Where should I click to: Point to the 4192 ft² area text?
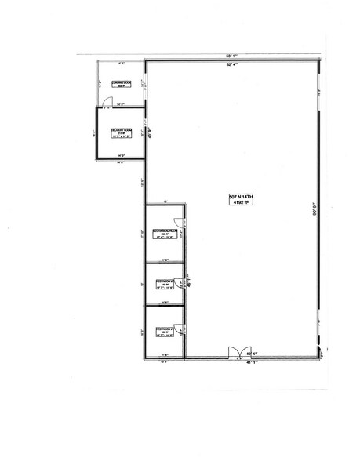click(234, 204)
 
